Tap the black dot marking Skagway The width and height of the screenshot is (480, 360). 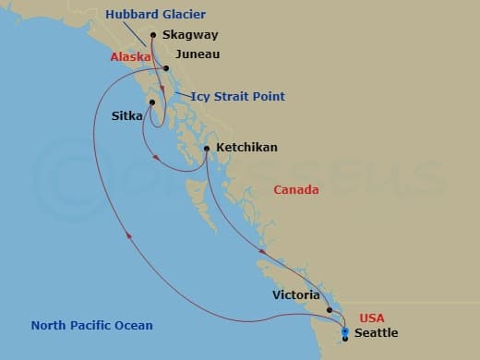pos(153,37)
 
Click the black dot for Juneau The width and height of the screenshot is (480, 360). pos(166,68)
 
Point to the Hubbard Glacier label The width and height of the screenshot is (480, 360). pos(155,14)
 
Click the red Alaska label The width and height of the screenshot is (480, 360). pos(128,57)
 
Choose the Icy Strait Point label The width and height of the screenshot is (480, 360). pos(238,97)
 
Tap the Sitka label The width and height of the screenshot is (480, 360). pos(126,116)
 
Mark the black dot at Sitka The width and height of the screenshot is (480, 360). pos(152,102)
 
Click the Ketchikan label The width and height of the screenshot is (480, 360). pos(246,147)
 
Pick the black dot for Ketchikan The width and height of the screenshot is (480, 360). pos(206,148)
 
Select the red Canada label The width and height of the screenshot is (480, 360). pos(296,190)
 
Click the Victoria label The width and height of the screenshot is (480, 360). pos(297,296)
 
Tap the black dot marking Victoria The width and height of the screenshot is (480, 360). pos(330,310)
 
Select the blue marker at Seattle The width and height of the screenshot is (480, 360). pos(344,331)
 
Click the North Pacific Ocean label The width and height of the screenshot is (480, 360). pos(91,326)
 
